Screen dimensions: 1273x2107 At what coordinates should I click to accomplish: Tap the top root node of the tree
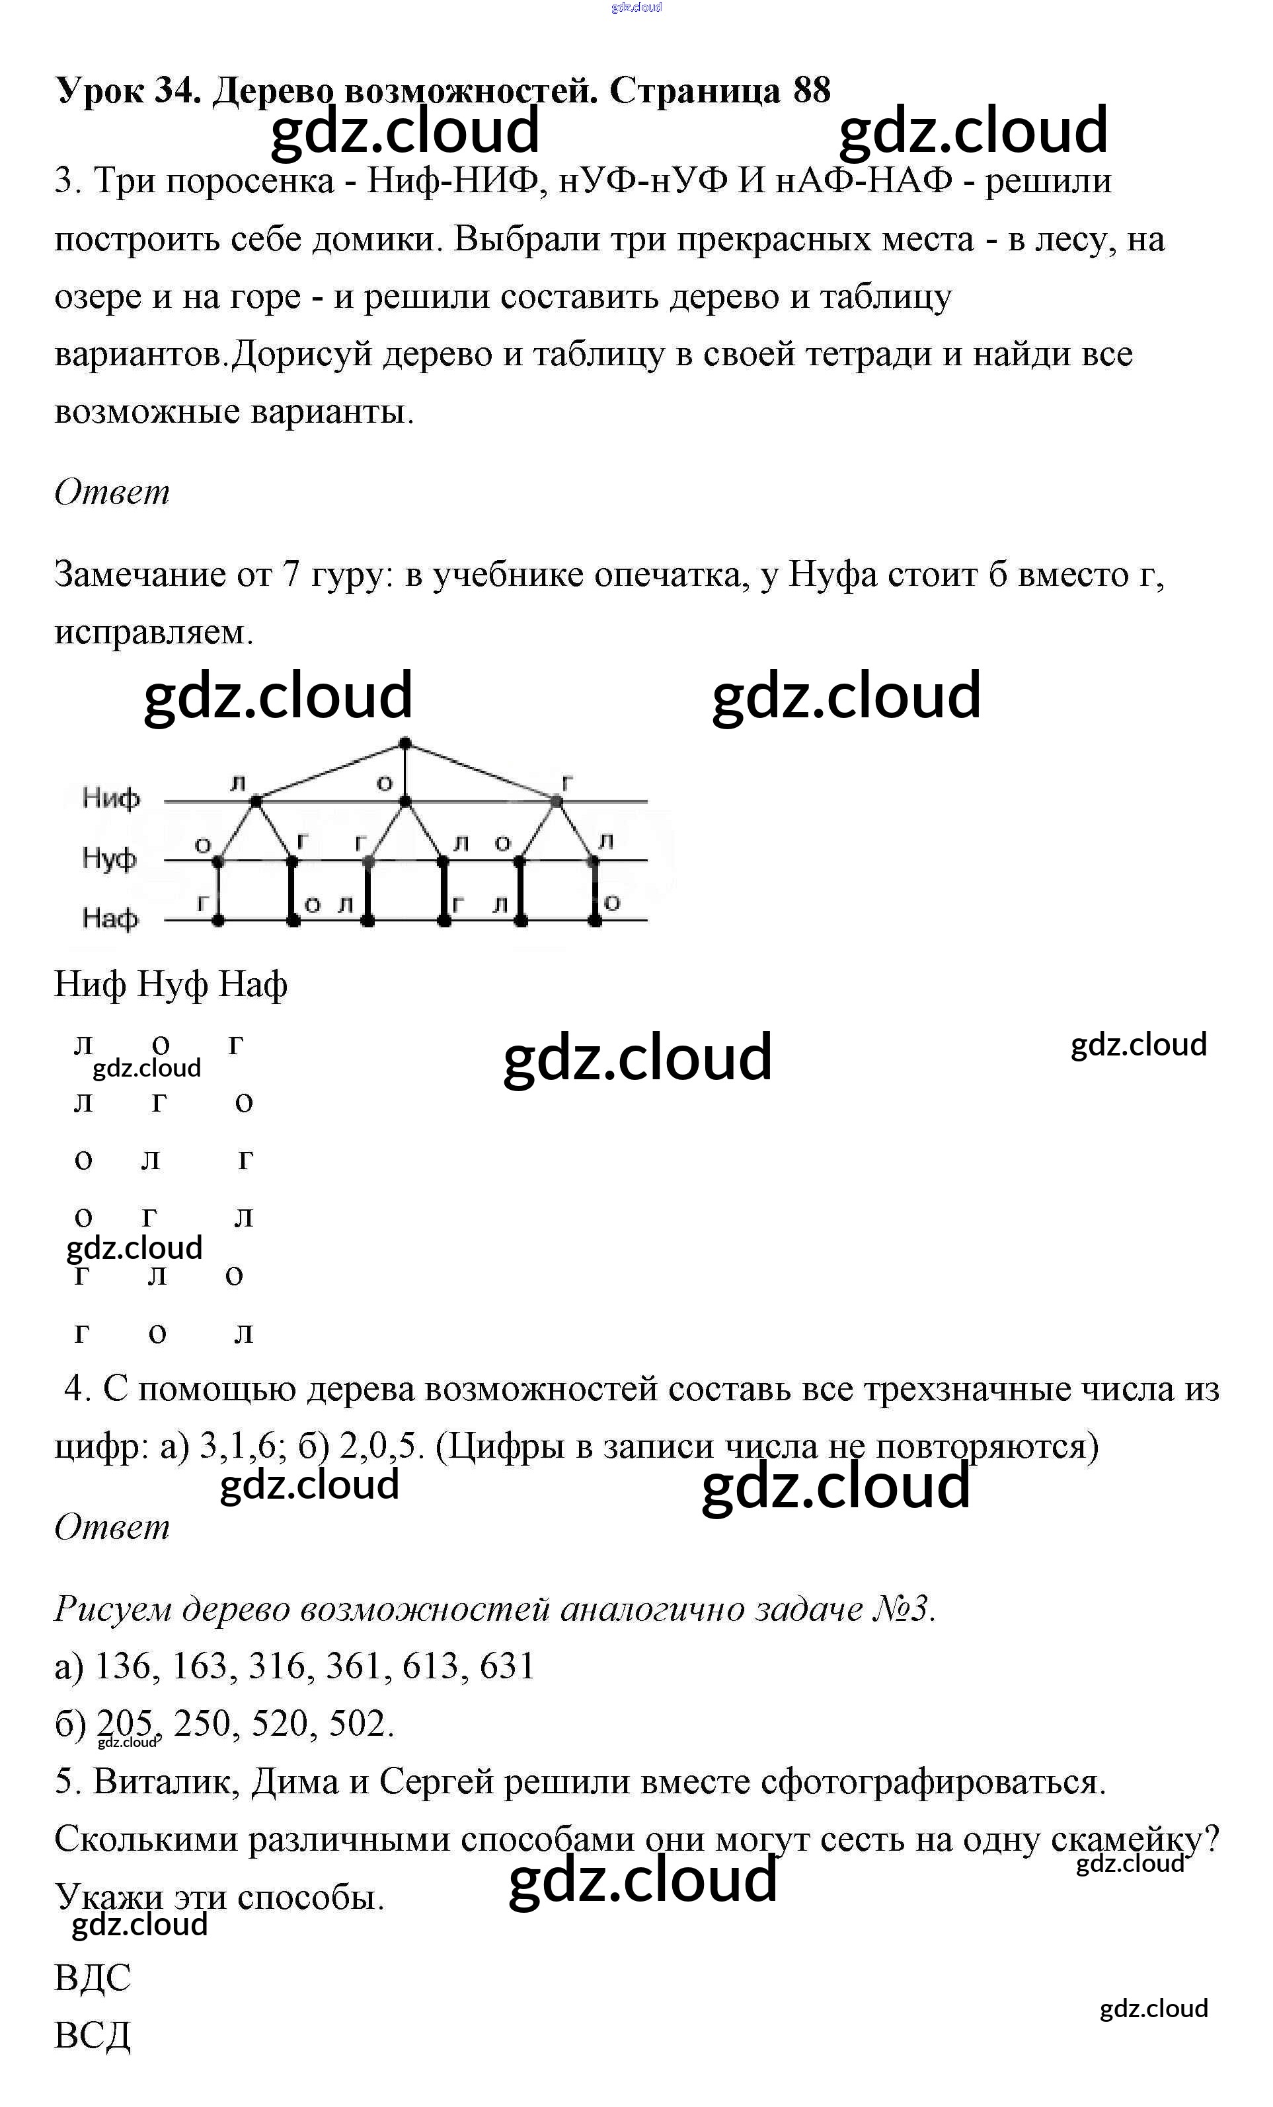pos(406,743)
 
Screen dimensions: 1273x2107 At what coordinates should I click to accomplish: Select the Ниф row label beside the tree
pos(110,799)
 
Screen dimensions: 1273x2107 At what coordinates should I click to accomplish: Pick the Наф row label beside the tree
pos(110,918)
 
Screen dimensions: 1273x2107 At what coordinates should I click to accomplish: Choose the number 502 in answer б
pos(360,1723)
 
